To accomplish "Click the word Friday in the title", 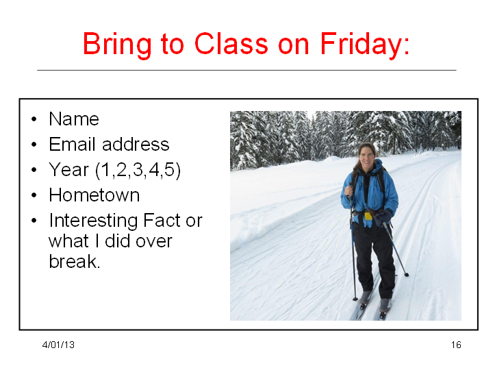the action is (x=365, y=45).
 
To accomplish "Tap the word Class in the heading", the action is (x=231, y=43).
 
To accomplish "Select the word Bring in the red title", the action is (x=117, y=45).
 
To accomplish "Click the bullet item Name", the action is (x=74, y=119).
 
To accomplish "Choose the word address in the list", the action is (x=136, y=144).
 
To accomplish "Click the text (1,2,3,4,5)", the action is (x=138, y=170).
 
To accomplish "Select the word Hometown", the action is (x=94, y=195).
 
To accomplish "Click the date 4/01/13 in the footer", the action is (x=58, y=345).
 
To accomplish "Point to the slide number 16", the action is (x=456, y=345).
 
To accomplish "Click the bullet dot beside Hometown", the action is (x=34, y=195).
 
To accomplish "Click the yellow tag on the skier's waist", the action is (x=368, y=216).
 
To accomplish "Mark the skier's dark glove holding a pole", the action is (x=383, y=217).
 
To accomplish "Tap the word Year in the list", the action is (x=69, y=170).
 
